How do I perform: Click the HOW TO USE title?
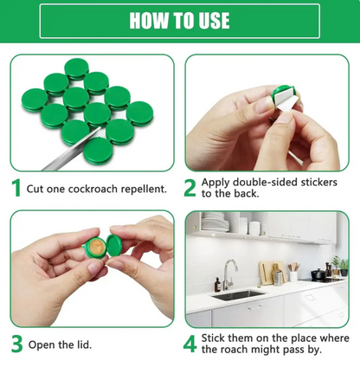coord(179,21)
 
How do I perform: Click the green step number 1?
coord(16,188)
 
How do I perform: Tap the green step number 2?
coord(190,188)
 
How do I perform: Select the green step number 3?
coord(17,344)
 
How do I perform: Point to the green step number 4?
coord(190,344)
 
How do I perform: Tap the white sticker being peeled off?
coord(286,100)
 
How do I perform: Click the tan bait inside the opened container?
coord(97,246)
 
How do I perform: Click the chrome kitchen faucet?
coord(230,274)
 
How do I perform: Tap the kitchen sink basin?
coord(238,295)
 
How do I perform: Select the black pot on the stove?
coord(318,274)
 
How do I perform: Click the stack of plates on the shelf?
coord(213,222)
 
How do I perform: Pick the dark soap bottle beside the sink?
coord(217,285)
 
